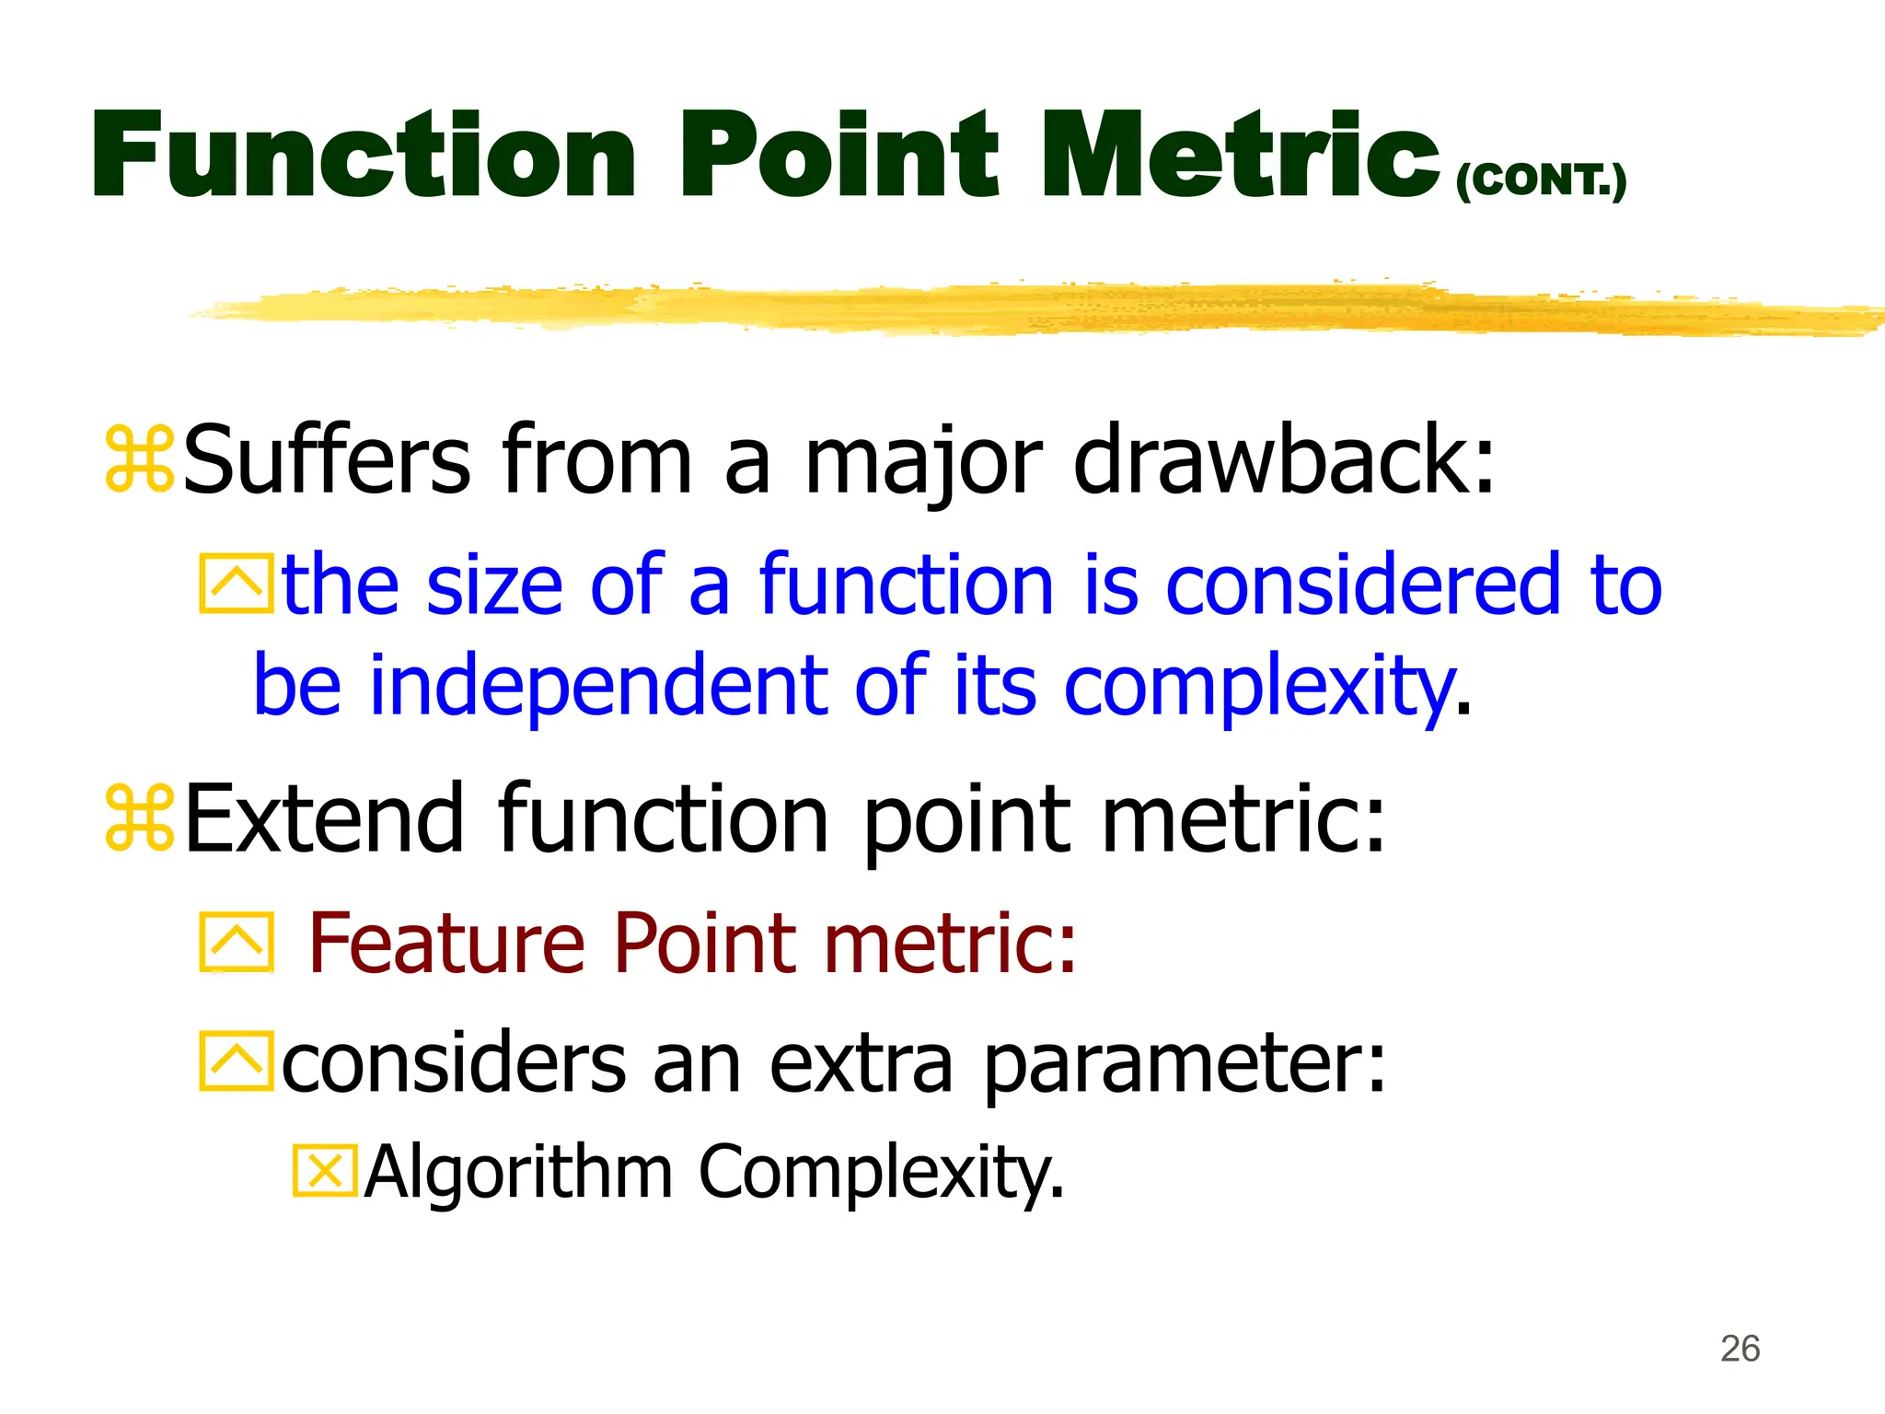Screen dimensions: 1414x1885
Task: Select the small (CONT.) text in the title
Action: point(1541,180)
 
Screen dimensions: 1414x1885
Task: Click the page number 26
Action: point(1740,1349)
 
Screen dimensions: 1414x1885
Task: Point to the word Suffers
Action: point(327,458)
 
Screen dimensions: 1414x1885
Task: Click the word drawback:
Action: point(1284,458)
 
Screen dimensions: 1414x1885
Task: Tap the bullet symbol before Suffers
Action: point(139,458)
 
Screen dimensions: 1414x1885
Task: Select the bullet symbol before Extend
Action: point(139,817)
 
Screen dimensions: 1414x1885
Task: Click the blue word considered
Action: point(1362,585)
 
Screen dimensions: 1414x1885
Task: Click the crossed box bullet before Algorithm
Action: point(324,1171)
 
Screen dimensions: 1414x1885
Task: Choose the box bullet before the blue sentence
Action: point(237,584)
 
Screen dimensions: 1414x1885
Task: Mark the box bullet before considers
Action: point(237,1061)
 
